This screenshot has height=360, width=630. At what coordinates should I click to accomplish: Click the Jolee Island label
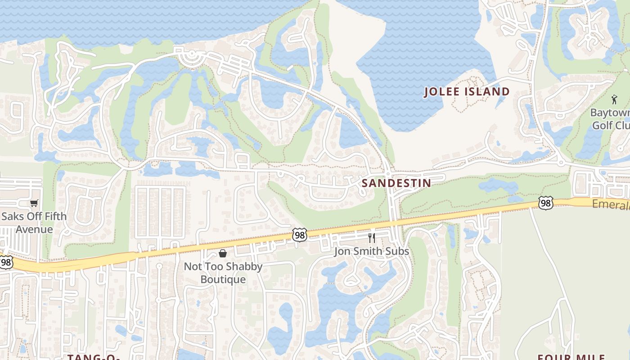pos(468,92)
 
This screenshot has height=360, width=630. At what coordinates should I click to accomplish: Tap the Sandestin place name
pos(396,183)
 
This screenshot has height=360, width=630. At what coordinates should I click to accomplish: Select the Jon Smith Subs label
pos(371,251)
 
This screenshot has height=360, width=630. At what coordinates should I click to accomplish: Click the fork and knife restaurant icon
pos(372,238)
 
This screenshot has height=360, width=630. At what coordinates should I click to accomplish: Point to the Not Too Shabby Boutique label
pos(223,273)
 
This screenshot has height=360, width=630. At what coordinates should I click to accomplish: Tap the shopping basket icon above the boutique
pos(223,253)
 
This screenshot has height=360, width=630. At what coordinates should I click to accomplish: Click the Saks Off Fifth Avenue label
pos(34,223)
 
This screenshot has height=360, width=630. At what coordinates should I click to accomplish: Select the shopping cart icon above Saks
pos(34,203)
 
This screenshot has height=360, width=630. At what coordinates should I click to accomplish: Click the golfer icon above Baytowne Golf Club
pos(615,99)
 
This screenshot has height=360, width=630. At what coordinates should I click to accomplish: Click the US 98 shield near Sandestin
pos(299,234)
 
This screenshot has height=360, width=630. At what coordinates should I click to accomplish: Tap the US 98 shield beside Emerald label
pos(545,203)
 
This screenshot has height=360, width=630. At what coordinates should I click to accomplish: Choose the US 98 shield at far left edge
pos(5,262)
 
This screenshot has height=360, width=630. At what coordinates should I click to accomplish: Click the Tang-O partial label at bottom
pos(94,357)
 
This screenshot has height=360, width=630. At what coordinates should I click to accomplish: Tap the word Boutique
pos(223,279)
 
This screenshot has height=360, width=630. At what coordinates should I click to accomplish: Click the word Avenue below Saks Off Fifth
pos(34,229)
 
